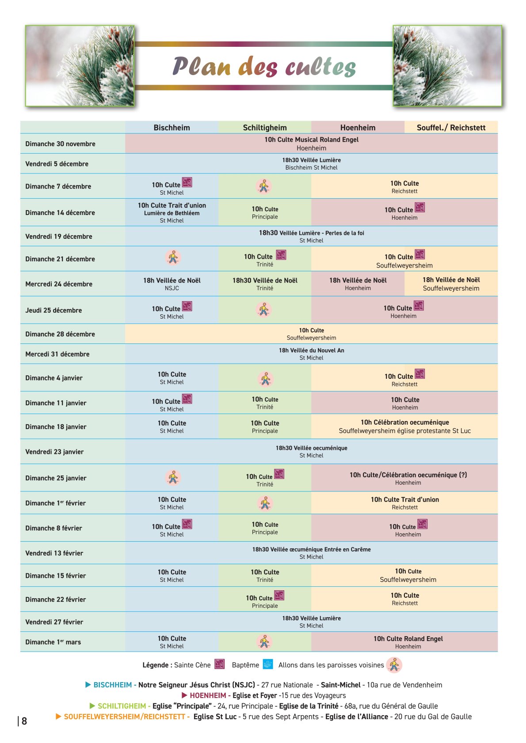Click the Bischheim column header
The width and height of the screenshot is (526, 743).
tap(172, 128)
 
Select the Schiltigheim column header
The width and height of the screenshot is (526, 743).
tap(265, 128)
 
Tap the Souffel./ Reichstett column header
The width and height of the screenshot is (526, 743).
tap(451, 128)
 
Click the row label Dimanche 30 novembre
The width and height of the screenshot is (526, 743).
tap(60, 144)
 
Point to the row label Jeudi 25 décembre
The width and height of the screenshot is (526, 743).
tap(53, 310)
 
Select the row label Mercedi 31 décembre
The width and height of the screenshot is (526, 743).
tap(57, 354)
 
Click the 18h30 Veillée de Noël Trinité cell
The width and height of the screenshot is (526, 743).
tap(265, 284)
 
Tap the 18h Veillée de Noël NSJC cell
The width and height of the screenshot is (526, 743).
tap(172, 284)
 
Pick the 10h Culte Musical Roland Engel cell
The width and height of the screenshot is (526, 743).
tap(311, 143)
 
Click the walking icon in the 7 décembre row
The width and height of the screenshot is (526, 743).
tap(264, 186)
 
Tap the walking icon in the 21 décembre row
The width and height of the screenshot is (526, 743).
tap(173, 257)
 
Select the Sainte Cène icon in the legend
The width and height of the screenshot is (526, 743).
tap(220, 664)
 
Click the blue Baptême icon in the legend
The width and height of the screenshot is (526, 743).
tap(268, 664)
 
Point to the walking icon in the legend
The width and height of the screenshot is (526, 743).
tap(394, 665)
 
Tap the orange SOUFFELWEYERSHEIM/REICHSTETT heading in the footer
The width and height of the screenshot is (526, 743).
tap(124, 717)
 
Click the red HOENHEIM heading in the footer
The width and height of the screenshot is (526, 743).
tap(208, 695)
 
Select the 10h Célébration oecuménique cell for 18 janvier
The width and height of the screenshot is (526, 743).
tap(404, 426)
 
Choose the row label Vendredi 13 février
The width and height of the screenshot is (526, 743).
tap(54, 553)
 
